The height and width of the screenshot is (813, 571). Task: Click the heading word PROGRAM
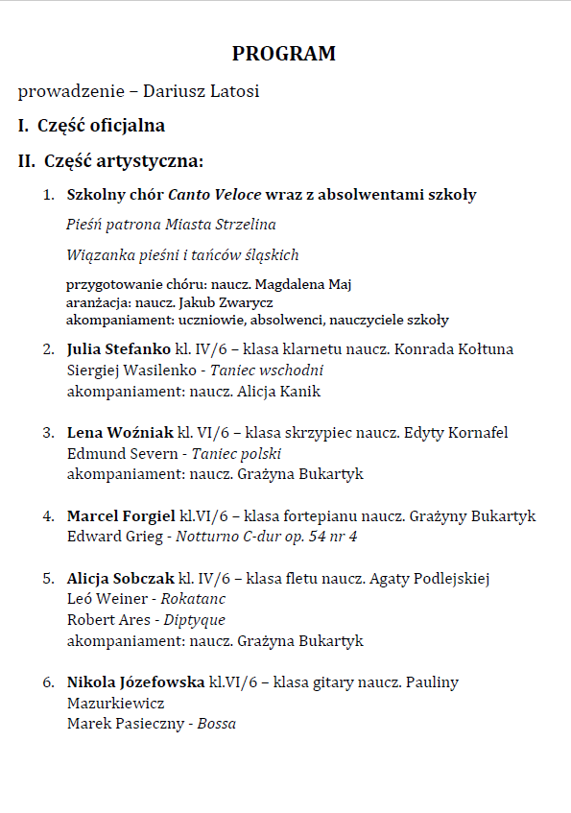point(284,54)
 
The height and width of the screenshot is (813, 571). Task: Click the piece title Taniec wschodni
point(269,371)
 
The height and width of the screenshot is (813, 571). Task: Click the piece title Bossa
point(217,724)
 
